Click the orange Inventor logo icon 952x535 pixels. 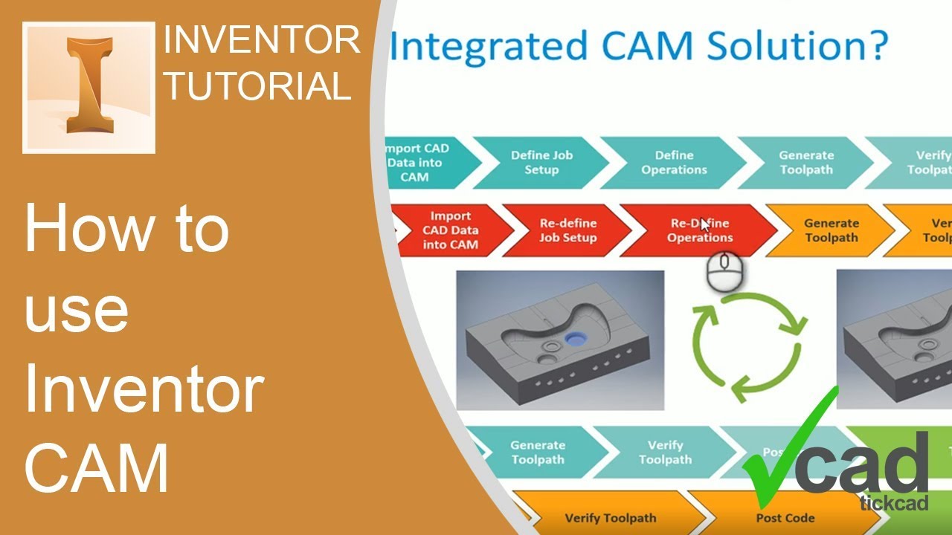click(89, 88)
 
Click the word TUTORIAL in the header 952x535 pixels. click(258, 85)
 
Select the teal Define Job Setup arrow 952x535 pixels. click(541, 163)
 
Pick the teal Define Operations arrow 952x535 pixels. click(674, 163)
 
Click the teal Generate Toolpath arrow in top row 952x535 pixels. click(806, 163)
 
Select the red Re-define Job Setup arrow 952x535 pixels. click(568, 230)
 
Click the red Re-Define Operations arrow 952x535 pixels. click(699, 230)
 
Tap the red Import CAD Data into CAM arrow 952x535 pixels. click(451, 230)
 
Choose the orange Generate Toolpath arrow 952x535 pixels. click(831, 230)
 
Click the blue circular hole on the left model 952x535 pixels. click(575, 339)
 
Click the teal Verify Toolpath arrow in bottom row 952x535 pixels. click(664, 452)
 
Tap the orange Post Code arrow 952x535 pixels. click(785, 518)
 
